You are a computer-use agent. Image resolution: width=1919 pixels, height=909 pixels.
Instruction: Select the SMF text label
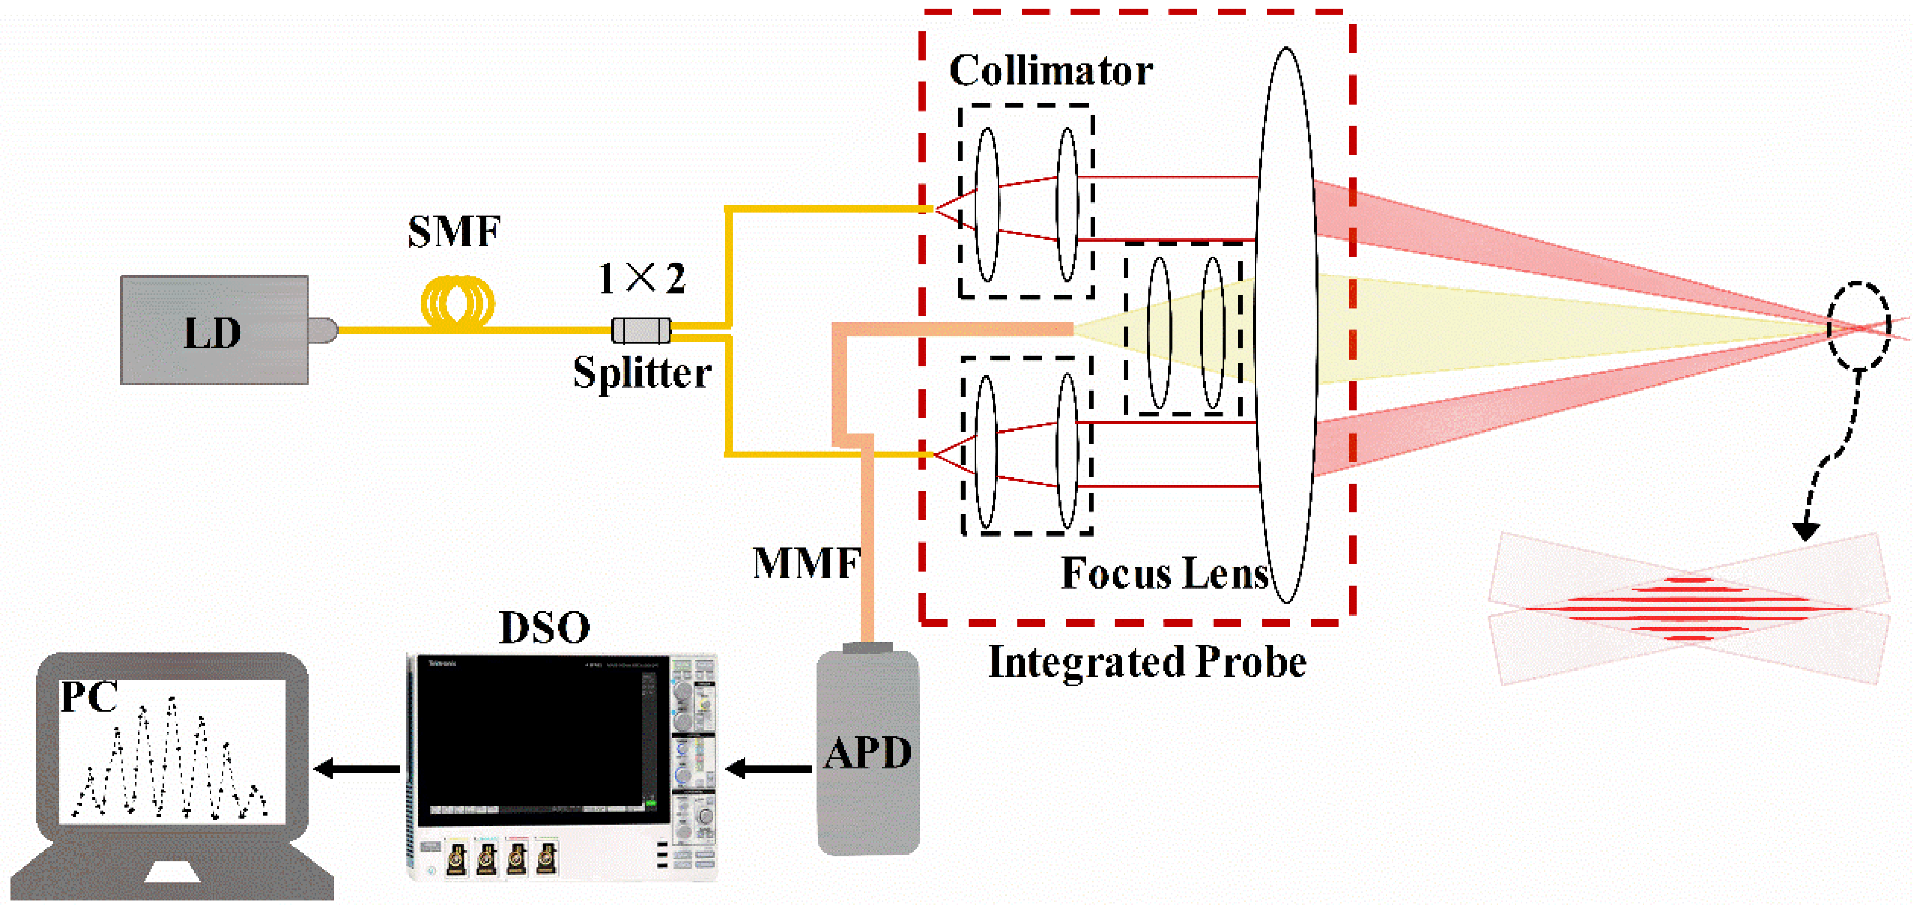click(x=454, y=232)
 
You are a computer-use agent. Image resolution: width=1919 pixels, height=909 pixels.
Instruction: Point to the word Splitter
click(x=642, y=372)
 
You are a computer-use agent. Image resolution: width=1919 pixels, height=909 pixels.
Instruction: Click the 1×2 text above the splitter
click(x=642, y=278)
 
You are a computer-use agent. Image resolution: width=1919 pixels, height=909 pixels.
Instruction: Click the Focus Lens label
click(x=1164, y=573)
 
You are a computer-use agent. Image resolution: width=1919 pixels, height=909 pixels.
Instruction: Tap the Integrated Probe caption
click(x=1147, y=661)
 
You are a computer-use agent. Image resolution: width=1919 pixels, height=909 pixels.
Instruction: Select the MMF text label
click(x=807, y=563)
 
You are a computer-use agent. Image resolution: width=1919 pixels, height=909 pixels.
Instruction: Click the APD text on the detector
click(x=868, y=752)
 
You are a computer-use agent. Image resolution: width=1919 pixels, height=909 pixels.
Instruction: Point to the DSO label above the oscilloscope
click(x=544, y=628)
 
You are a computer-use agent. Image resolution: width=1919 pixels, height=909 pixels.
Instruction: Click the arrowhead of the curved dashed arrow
click(x=1806, y=531)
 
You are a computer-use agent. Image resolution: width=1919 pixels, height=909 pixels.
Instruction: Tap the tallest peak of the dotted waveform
click(x=172, y=700)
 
